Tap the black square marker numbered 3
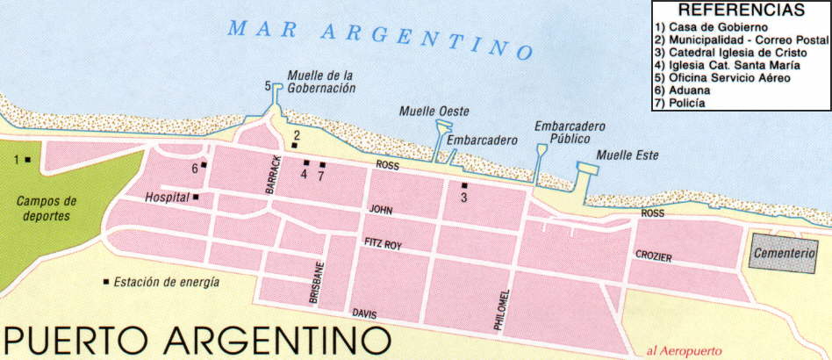point(464,185)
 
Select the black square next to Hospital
point(196,197)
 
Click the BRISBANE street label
point(316,283)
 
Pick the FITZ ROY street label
point(383,244)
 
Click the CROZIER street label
point(654,256)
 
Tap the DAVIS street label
point(364,313)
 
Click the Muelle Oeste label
point(434,111)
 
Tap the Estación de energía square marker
point(106,282)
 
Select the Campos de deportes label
point(47,208)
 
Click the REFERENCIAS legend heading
point(742,11)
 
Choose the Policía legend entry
point(685,104)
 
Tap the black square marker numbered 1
point(28,159)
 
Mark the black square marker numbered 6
point(204,164)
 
